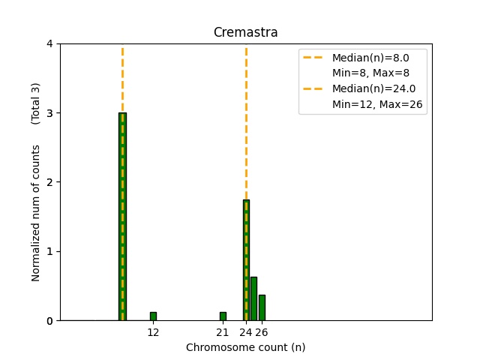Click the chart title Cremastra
245,32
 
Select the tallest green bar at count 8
122,217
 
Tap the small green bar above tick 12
153,316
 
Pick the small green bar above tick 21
223,316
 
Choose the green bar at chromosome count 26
262,307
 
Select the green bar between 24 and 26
253,298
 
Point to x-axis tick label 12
153,332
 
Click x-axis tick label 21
223,332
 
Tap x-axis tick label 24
245,332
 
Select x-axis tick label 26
261,332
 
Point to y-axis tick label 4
49,43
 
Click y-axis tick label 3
49,113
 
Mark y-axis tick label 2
49,182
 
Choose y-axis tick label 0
49,321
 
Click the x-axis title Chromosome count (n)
245,347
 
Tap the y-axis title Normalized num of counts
36,213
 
